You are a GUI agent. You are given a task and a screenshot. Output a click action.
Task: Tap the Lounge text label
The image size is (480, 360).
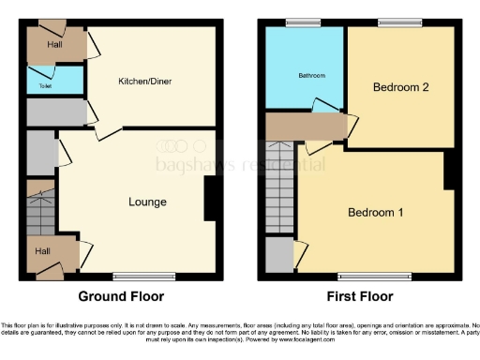147,202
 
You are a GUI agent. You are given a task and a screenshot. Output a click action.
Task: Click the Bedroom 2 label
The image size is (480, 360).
400,87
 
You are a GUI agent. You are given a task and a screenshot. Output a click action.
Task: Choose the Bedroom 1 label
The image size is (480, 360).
375,212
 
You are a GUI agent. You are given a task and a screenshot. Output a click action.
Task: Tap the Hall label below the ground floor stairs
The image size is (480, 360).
44,251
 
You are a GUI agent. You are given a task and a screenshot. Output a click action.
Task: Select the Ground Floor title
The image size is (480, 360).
120,296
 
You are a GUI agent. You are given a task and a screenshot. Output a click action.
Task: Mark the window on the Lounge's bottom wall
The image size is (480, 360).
142,276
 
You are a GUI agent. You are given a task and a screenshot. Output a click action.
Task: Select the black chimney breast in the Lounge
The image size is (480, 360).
212,199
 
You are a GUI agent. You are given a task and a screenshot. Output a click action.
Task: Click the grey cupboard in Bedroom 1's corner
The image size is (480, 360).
278,254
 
